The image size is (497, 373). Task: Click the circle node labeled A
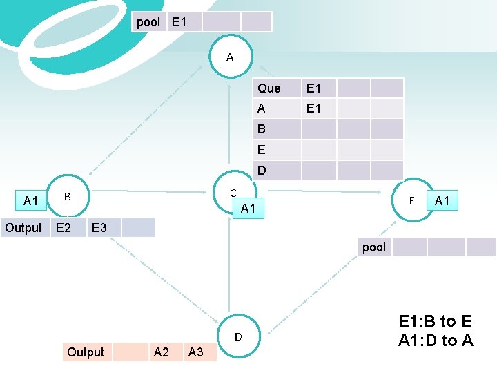click(x=230, y=57)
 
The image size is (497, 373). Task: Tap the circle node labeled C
click(x=233, y=193)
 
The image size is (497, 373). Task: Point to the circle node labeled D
click(x=237, y=337)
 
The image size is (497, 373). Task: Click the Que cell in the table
click(x=269, y=88)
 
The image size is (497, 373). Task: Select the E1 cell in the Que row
click(x=313, y=88)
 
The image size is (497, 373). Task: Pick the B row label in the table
click(x=262, y=129)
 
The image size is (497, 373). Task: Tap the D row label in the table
click(x=262, y=170)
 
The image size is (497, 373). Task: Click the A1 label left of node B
click(x=30, y=201)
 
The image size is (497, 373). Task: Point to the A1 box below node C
click(x=248, y=209)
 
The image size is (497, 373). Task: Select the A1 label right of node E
click(x=442, y=201)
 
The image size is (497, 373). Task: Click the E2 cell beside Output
click(x=63, y=228)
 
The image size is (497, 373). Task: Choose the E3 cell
click(x=99, y=228)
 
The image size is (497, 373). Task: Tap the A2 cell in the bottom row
click(x=161, y=352)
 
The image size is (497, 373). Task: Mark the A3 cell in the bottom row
click(x=196, y=352)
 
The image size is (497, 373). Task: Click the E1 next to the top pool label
click(x=179, y=22)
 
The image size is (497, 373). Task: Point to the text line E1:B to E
click(x=436, y=321)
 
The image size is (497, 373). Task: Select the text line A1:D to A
click(x=436, y=340)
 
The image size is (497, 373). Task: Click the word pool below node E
click(x=374, y=247)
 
